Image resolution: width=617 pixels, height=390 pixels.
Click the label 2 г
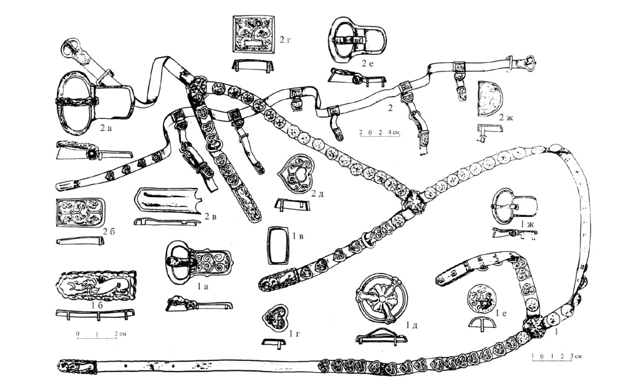tap(285, 41)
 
